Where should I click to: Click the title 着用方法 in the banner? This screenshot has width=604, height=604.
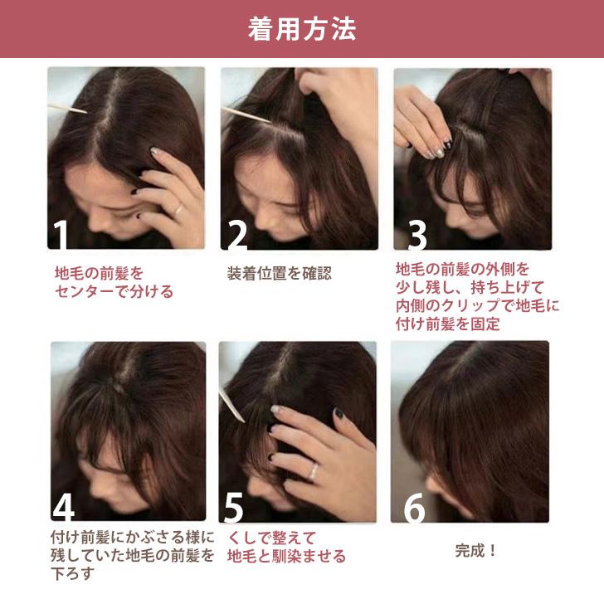[302, 29]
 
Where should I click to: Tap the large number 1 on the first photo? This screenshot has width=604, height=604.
[61, 235]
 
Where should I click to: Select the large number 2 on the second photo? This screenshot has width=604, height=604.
[237, 235]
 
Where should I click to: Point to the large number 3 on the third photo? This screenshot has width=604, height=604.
[417, 235]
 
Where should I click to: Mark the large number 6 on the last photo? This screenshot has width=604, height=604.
[415, 509]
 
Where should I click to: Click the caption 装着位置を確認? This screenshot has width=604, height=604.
[279, 273]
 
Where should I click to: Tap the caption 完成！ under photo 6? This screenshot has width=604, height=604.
[476, 550]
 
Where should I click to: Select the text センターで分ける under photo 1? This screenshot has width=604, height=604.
[114, 291]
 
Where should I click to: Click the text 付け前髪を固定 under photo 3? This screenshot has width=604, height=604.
[448, 324]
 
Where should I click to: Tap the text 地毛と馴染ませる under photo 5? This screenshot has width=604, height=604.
[286, 556]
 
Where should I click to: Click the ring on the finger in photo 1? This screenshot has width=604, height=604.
[178, 209]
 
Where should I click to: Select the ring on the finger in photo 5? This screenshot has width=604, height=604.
[313, 471]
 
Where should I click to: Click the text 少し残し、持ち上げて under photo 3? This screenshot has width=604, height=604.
[469, 288]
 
